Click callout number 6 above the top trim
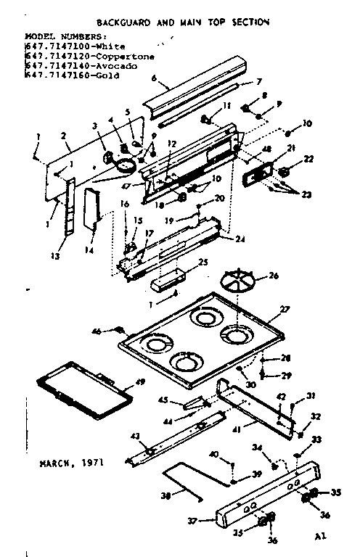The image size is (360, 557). pos(154,77)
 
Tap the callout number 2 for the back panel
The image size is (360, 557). pos(65,135)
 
